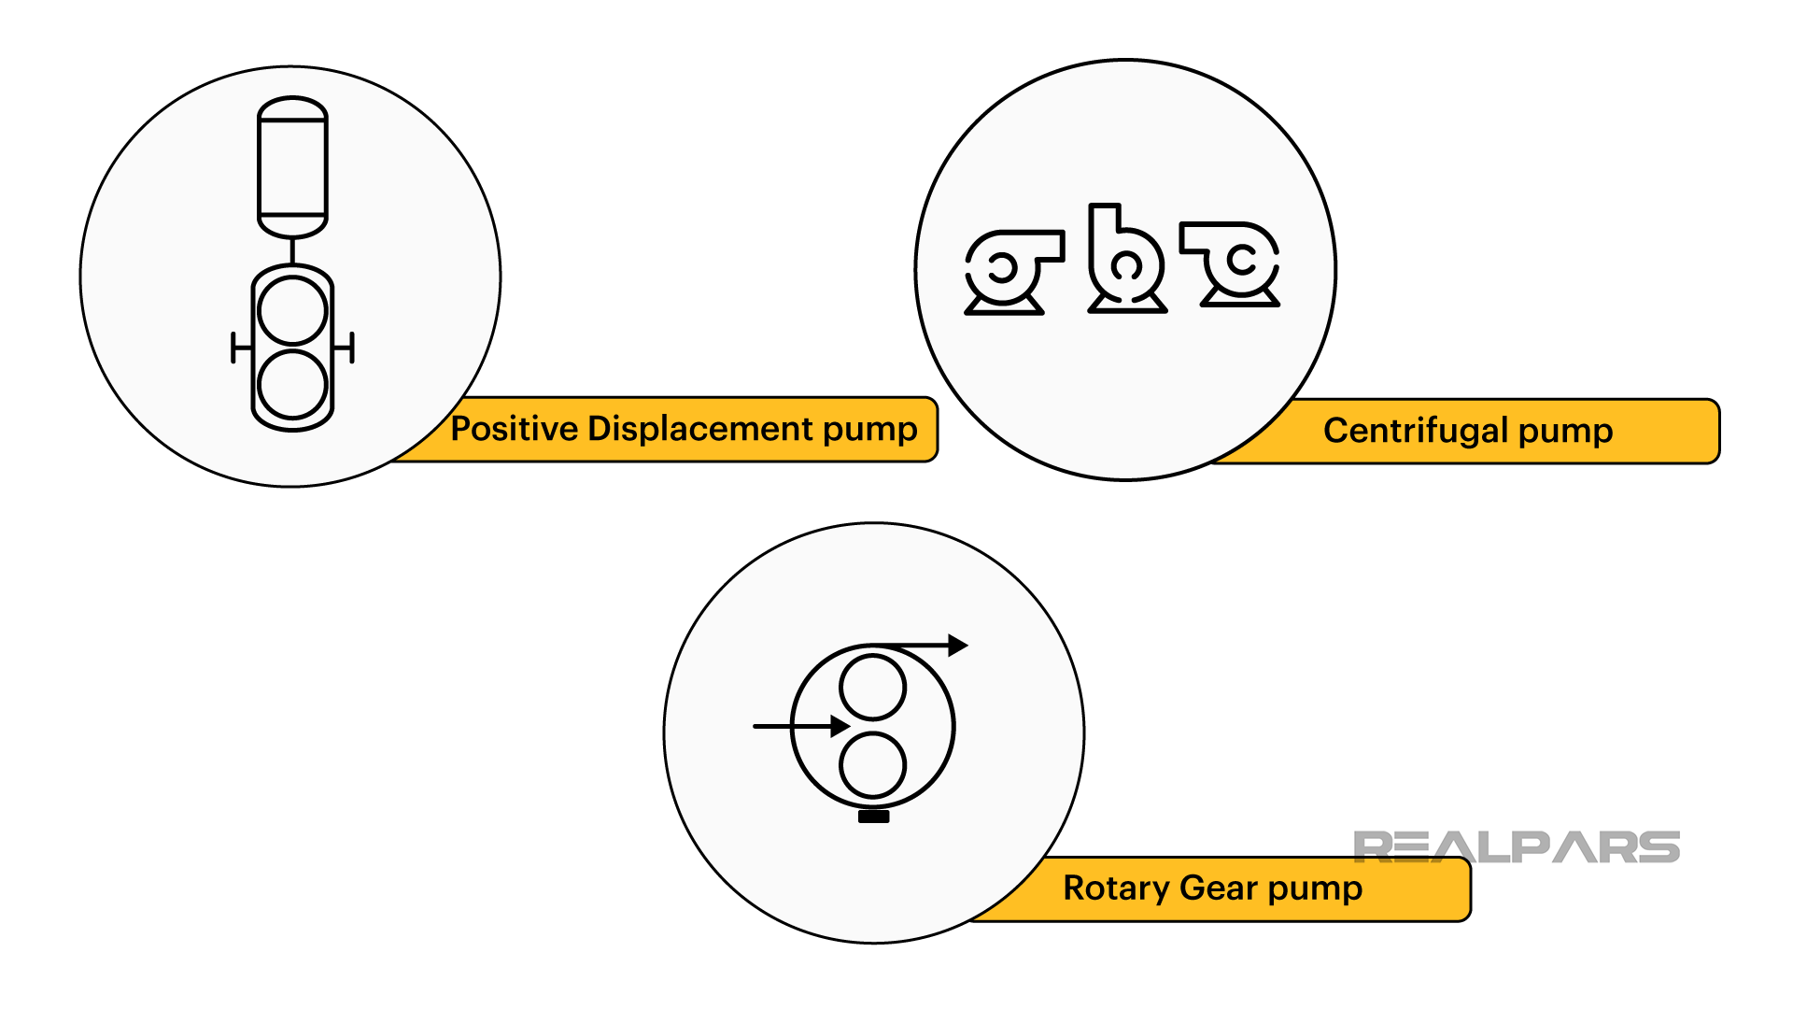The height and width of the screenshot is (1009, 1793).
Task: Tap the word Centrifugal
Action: (x=1415, y=431)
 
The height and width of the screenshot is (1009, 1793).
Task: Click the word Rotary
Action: (x=1116, y=888)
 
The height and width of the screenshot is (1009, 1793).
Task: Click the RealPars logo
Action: (x=1516, y=847)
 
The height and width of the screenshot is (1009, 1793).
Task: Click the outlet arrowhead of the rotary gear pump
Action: (x=958, y=645)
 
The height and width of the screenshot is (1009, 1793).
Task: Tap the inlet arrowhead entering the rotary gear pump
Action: (x=840, y=726)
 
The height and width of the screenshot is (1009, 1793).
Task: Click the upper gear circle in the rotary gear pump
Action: (x=872, y=687)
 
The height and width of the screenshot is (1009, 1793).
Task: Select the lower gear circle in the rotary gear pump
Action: (x=872, y=765)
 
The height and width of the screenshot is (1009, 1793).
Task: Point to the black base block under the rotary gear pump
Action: (x=873, y=817)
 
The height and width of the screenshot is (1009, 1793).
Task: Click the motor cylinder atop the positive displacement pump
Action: (x=292, y=167)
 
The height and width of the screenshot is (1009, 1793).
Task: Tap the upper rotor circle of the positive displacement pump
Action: (x=292, y=311)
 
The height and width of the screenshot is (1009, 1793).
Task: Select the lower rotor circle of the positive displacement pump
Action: (x=292, y=384)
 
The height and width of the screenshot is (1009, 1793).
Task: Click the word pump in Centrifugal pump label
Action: (x=1565, y=431)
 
